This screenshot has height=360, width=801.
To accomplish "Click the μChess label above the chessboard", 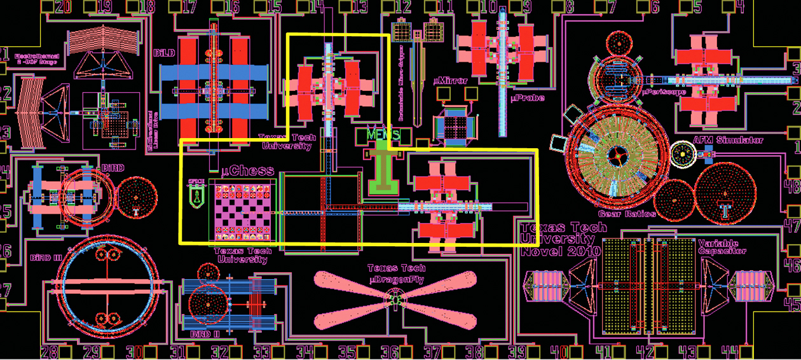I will click(248, 170).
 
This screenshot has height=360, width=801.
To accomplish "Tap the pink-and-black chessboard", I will click(242, 213).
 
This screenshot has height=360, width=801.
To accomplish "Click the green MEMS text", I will click(383, 135).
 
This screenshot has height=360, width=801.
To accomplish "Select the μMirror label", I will click(450, 81).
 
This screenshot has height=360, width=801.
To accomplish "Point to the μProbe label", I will click(528, 99).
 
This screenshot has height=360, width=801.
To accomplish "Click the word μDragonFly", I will click(397, 279).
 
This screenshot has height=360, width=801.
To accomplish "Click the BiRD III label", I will click(46, 258).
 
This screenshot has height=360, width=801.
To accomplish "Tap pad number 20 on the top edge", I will click(63, 7).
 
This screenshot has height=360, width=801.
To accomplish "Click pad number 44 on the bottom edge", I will click(729, 352).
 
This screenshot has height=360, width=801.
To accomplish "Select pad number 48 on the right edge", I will click(792, 186).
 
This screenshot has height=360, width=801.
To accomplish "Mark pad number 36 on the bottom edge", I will click(390, 352).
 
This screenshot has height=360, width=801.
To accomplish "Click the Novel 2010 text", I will click(560, 251).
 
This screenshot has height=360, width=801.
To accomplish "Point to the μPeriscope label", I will click(664, 92).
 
